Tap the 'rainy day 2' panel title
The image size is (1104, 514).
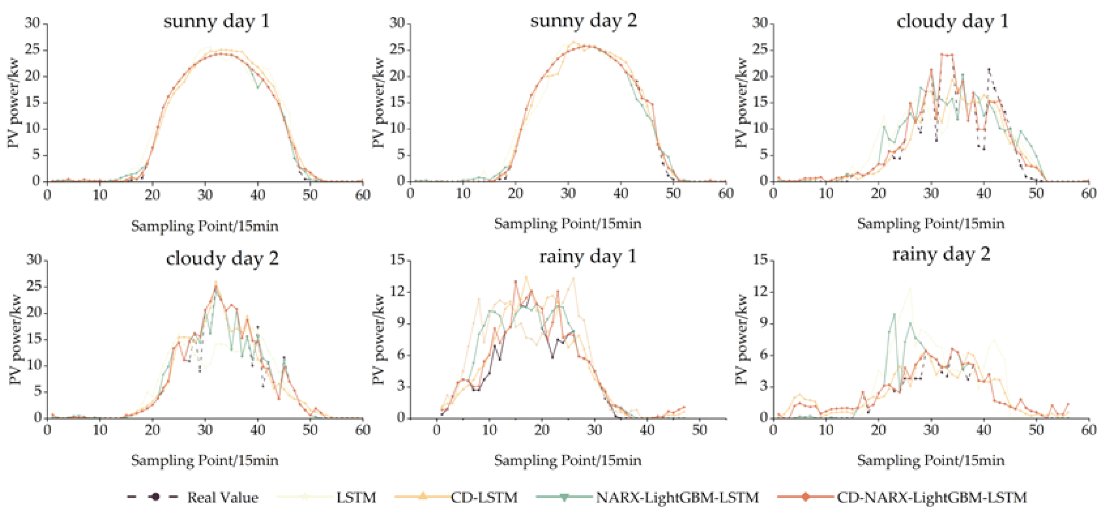941,255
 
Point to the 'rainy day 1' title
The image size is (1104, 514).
587,257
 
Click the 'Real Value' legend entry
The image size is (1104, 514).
222,498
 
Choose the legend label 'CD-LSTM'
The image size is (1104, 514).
484,498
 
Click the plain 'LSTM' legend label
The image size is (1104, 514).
356,498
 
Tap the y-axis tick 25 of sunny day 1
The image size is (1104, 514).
33,50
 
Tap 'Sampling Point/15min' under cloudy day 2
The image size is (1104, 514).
205,461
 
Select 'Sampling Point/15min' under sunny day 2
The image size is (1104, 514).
568,224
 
